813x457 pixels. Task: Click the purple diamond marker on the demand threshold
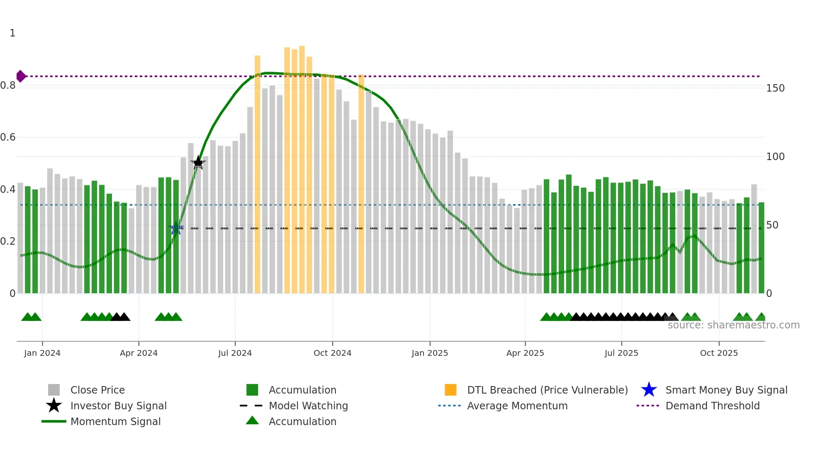click(x=21, y=76)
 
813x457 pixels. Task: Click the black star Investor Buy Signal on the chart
click(x=198, y=163)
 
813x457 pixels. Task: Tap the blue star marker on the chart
click(x=176, y=228)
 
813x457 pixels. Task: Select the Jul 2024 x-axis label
click(x=235, y=353)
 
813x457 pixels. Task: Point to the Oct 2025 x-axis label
click(x=719, y=353)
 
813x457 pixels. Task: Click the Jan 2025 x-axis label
click(x=430, y=353)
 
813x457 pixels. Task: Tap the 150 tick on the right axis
click(x=775, y=88)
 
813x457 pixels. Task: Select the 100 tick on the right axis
click(x=775, y=157)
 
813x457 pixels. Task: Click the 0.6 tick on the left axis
click(x=8, y=137)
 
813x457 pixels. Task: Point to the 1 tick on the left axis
click(x=12, y=33)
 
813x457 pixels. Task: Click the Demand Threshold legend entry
click(x=712, y=406)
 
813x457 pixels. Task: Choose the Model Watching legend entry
click(x=308, y=406)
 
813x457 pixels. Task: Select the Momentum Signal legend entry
click(x=115, y=421)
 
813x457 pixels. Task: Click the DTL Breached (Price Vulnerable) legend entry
click(x=547, y=390)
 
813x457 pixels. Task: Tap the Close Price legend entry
click(x=97, y=390)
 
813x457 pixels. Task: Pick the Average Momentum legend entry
click(x=517, y=406)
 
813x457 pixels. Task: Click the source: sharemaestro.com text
click(x=733, y=325)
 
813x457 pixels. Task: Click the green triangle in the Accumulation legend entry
click(x=252, y=421)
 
